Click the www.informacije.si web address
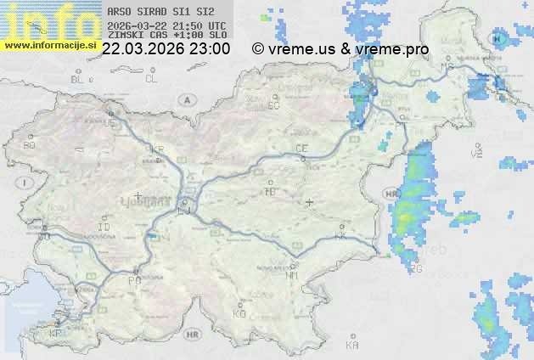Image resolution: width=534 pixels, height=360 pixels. (48, 45)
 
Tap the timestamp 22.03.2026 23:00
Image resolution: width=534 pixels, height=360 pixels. (166, 49)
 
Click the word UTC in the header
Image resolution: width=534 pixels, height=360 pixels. (216, 25)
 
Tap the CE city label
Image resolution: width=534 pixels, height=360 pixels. (301, 149)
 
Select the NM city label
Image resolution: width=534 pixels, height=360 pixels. (293, 275)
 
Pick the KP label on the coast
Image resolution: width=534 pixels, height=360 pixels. (56, 334)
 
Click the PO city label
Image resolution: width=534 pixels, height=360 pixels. (134, 280)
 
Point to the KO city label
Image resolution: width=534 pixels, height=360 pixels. (239, 313)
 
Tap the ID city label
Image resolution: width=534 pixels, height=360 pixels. (104, 228)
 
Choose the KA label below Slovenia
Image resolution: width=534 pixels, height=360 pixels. (351, 346)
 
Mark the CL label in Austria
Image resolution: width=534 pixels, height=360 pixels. (151, 79)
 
